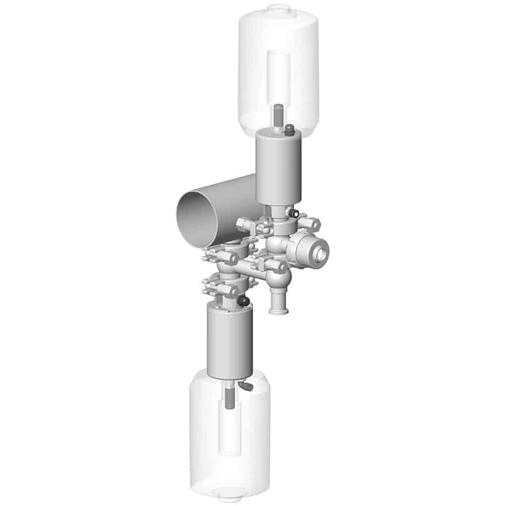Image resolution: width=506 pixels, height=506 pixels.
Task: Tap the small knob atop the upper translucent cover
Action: (279, 8)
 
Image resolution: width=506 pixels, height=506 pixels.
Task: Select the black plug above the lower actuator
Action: (243, 301)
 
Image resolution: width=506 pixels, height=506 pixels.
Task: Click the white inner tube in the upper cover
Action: (279, 75)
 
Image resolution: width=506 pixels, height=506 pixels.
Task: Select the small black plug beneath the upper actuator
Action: (292, 213)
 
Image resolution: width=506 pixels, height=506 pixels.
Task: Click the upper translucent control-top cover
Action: (279, 69)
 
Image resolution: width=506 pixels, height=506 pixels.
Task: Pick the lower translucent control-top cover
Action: (229, 437)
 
